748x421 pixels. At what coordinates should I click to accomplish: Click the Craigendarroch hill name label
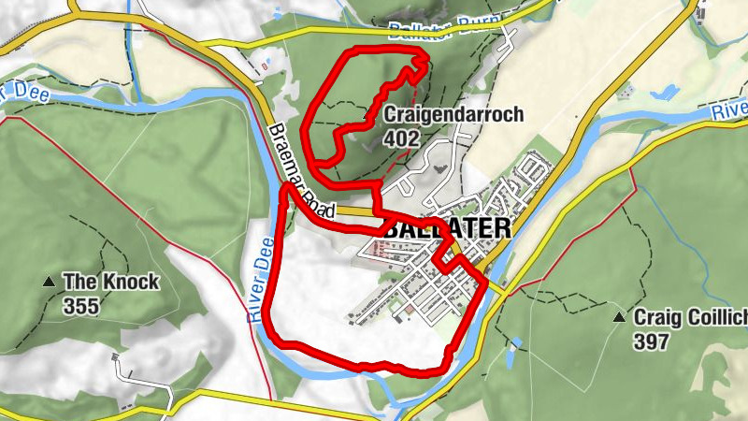(x=453, y=116)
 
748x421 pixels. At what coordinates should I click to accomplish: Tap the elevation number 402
(x=399, y=138)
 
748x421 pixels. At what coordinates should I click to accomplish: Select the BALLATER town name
(x=447, y=228)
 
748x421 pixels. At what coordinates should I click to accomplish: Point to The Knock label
(x=110, y=281)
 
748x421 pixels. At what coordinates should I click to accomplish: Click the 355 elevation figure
(x=81, y=304)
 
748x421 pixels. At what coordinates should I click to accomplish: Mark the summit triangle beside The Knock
(x=49, y=282)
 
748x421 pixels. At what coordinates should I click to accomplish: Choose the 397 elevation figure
(x=651, y=341)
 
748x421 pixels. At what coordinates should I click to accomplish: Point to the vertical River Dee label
(x=261, y=279)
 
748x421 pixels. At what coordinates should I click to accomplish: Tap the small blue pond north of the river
(x=666, y=94)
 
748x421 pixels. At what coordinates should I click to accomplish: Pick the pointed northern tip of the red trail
(x=425, y=58)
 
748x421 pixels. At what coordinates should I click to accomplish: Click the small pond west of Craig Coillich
(x=512, y=354)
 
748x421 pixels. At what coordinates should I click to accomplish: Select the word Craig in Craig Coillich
(x=654, y=318)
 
